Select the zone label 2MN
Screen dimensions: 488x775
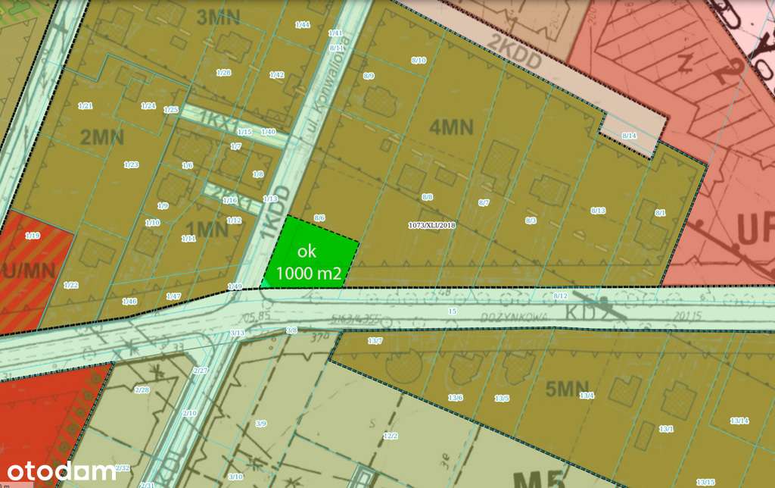[101, 137]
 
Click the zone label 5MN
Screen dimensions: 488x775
[567, 389]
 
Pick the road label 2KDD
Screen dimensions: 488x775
[516, 42]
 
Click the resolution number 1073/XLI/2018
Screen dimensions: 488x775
[431, 225]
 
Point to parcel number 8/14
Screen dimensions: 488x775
[629, 135]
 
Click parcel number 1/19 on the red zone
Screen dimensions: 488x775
[32, 236]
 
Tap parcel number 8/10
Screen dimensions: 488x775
[419, 60]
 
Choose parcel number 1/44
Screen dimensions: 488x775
[303, 25]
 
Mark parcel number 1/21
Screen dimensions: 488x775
[85, 105]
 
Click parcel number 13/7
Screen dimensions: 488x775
[375, 342]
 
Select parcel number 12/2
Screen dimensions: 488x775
[391, 436]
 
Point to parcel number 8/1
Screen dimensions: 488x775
[660, 213]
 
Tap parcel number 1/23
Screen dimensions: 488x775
[132, 164]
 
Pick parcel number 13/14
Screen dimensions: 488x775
[739, 421]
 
